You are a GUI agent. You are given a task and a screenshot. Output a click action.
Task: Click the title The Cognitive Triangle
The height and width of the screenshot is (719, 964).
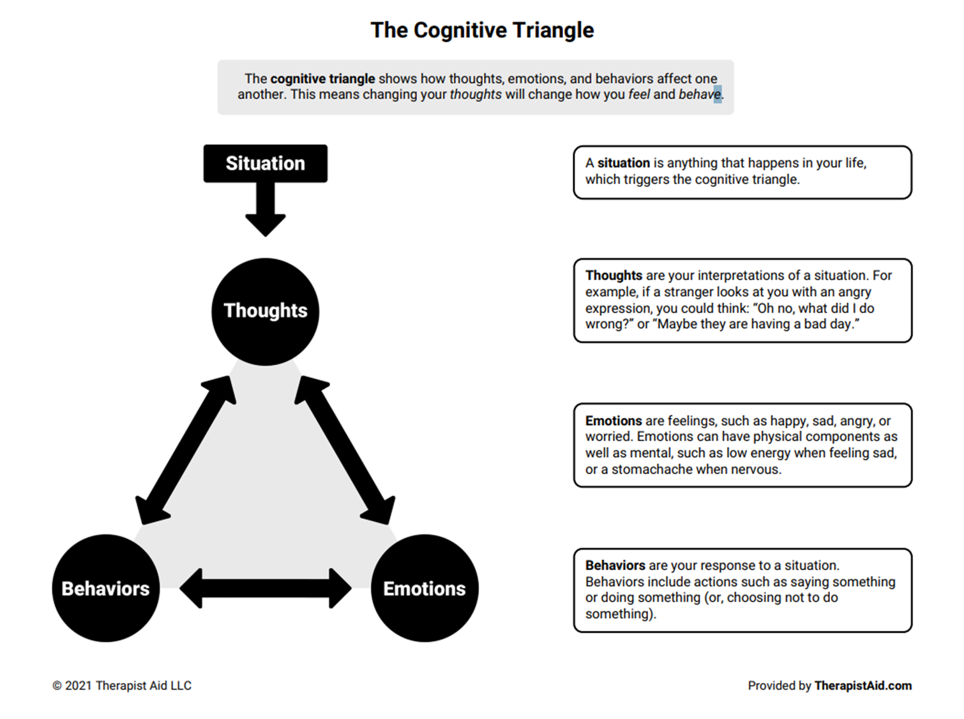tap(482, 30)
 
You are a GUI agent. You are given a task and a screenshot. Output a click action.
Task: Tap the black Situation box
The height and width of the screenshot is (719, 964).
tap(265, 164)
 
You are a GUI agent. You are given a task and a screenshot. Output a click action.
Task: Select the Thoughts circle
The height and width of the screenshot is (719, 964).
tap(265, 312)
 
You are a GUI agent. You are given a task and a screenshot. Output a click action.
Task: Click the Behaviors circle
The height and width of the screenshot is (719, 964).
tap(105, 588)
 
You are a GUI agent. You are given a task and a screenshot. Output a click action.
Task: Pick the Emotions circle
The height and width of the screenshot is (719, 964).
tap(425, 588)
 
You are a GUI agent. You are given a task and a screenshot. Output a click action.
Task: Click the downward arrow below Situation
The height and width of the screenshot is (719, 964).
tap(266, 210)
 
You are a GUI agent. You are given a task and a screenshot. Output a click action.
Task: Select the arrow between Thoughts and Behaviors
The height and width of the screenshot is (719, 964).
tap(186, 450)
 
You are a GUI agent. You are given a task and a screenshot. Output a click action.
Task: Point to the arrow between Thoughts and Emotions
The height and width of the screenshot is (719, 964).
tap(345, 450)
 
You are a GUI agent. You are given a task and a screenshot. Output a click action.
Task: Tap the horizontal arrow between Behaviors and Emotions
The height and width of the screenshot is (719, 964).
tap(266, 588)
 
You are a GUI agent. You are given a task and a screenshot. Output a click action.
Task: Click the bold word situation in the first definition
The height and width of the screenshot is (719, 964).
tap(623, 163)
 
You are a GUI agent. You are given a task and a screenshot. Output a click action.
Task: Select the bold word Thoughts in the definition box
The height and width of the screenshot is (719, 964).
tap(614, 275)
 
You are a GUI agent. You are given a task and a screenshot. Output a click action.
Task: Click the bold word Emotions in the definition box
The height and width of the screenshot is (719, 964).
tap(614, 421)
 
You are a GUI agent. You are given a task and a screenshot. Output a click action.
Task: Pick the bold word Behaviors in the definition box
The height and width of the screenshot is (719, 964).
tap(615, 566)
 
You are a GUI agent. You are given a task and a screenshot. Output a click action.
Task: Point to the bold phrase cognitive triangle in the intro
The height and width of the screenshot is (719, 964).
tap(322, 79)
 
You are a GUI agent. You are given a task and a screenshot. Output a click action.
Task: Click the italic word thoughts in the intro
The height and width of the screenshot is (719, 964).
tap(476, 95)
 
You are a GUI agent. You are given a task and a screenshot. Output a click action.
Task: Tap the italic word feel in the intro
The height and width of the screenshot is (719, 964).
tap(639, 95)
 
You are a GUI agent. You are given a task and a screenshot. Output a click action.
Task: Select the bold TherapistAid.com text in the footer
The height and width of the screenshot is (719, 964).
tap(862, 686)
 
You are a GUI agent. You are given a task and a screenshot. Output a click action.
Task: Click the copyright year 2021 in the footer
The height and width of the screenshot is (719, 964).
tap(79, 686)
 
